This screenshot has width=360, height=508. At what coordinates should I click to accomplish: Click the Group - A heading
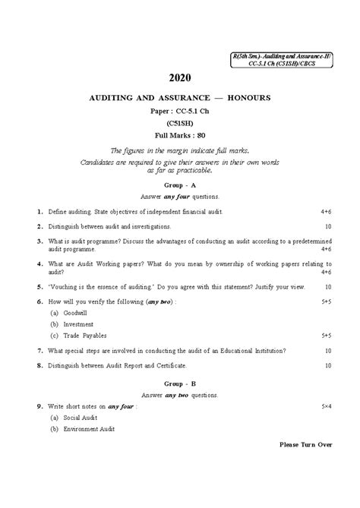[180, 185]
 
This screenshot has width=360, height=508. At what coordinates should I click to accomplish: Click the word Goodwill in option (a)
[74, 312]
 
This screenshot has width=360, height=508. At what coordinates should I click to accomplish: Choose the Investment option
[77, 323]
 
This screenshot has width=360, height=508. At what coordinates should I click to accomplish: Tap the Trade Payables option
[84, 335]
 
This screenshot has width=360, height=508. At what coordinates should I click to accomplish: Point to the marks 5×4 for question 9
[326, 408]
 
